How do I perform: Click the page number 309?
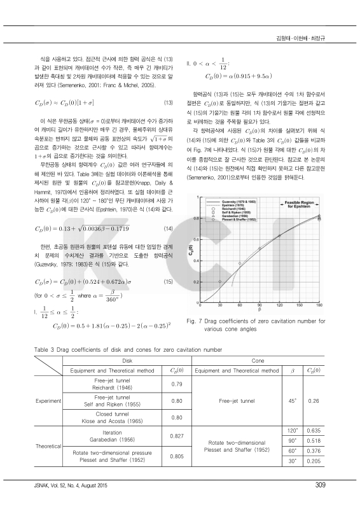coord(320,487)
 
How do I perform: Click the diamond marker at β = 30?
coord(219,281)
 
